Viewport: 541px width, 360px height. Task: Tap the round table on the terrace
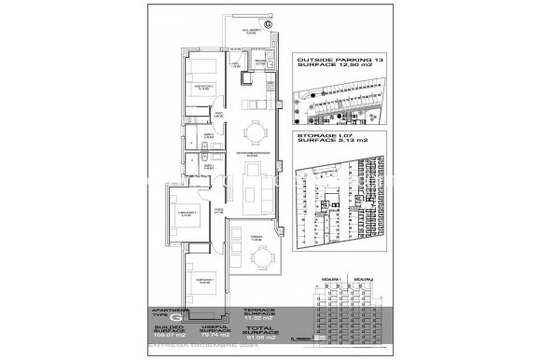click(266, 258)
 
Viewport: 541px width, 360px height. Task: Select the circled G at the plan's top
click(269, 24)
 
